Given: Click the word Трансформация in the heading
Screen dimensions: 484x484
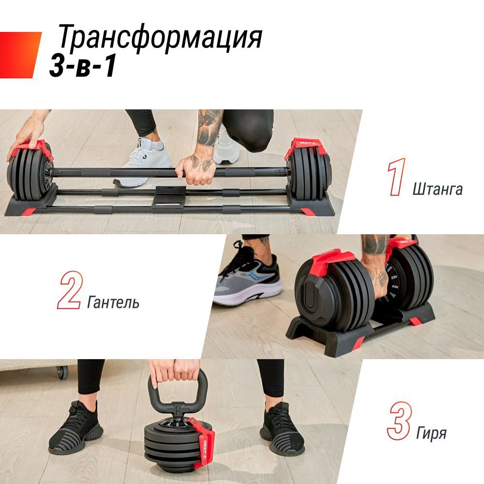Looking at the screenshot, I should [160, 38].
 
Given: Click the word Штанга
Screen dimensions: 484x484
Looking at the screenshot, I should [438, 189].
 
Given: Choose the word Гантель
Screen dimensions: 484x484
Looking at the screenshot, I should [113, 303].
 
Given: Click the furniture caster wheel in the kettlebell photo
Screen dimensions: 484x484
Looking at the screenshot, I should [61, 372].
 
